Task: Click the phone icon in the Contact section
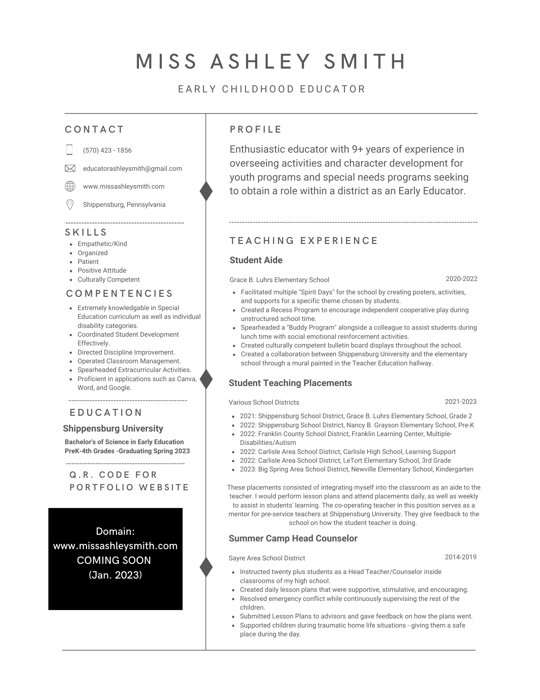click(x=70, y=150)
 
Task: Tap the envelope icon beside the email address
click(x=70, y=168)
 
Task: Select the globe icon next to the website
click(x=70, y=186)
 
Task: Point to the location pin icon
click(x=70, y=204)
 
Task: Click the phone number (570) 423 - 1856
click(x=107, y=150)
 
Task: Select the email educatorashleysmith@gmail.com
click(x=132, y=169)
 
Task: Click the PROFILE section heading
click(x=255, y=129)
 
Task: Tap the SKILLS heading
click(x=86, y=232)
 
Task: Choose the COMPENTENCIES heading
click(x=120, y=294)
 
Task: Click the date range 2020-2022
click(x=461, y=279)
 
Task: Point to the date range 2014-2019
click(x=460, y=557)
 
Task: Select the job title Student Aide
click(x=256, y=260)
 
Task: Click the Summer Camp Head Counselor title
click(x=293, y=539)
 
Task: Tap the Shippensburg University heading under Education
click(x=113, y=429)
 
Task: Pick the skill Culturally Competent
click(x=108, y=280)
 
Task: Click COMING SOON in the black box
click(x=114, y=560)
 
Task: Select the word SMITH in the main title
click(x=365, y=62)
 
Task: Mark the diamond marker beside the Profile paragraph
click(x=206, y=191)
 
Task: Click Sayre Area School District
click(x=267, y=558)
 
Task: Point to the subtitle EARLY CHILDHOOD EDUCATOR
click(x=272, y=89)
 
